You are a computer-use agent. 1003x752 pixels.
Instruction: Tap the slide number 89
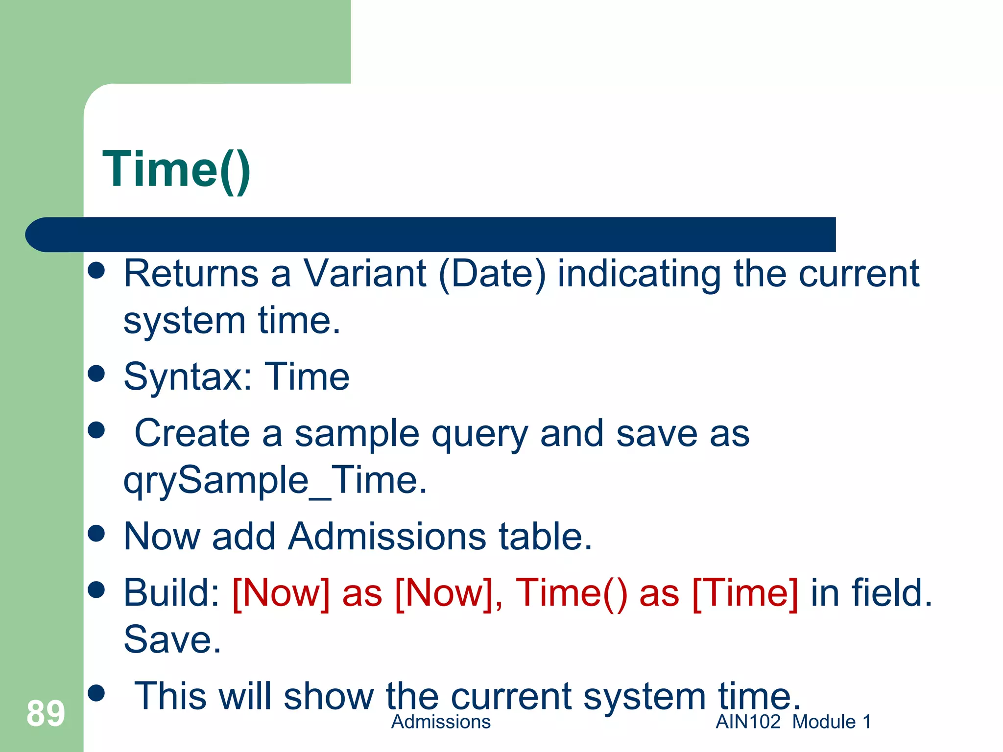[46, 713]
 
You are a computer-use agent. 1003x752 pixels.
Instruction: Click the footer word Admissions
[441, 722]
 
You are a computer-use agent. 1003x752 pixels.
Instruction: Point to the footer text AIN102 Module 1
[793, 722]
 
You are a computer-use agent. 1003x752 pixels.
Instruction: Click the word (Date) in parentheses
[492, 274]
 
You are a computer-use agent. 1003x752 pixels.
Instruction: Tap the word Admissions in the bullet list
[387, 537]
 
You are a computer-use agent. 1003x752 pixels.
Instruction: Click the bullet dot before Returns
[96, 270]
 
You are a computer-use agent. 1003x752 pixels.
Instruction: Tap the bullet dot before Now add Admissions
[96, 533]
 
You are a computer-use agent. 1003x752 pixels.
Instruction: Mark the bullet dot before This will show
[96, 693]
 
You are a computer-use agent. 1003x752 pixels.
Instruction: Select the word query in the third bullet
[479, 435]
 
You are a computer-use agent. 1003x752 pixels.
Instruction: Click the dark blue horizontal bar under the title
[431, 235]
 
